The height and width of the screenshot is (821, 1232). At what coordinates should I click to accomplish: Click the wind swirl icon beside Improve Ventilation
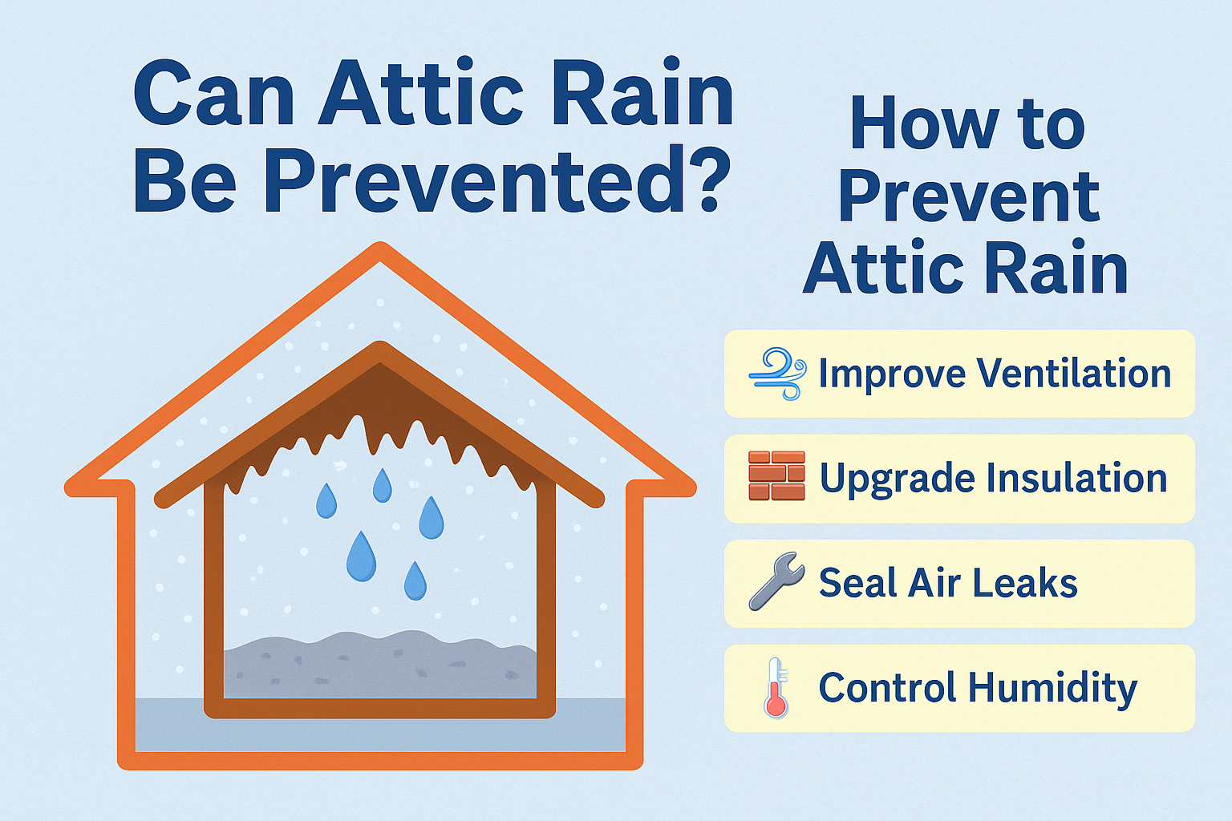pyautogui.click(x=778, y=374)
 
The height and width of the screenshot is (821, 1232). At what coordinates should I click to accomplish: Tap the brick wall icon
pyautogui.click(x=776, y=475)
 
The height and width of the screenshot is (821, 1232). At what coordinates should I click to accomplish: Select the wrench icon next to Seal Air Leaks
pyautogui.click(x=776, y=580)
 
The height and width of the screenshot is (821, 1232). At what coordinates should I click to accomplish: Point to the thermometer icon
pyautogui.click(x=776, y=687)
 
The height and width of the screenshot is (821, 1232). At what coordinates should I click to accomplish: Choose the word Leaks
pyautogui.click(x=1024, y=582)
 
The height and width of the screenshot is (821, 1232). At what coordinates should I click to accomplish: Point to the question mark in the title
pyautogui.click(x=703, y=179)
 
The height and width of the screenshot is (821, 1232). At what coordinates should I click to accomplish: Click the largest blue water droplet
pyautogui.click(x=362, y=556)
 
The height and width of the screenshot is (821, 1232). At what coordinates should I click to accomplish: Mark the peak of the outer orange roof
pyautogui.click(x=381, y=246)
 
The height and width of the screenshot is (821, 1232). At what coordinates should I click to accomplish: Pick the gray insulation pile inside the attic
pyautogui.click(x=380, y=665)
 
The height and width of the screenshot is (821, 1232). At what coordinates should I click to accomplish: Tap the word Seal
pyautogui.click(x=858, y=582)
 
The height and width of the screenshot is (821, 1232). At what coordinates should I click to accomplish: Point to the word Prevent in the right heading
pyautogui.click(x=969, y=196)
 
